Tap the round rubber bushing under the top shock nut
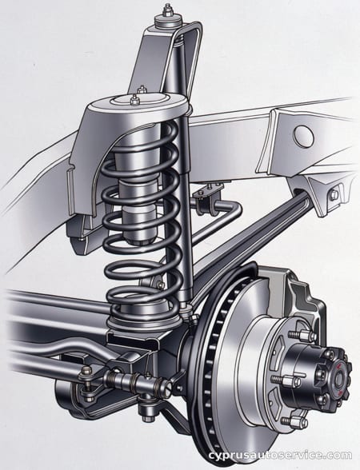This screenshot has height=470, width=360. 168,21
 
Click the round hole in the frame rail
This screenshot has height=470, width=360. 304,134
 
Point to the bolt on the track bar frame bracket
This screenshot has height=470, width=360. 333,194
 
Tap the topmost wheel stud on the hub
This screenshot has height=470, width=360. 302,334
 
